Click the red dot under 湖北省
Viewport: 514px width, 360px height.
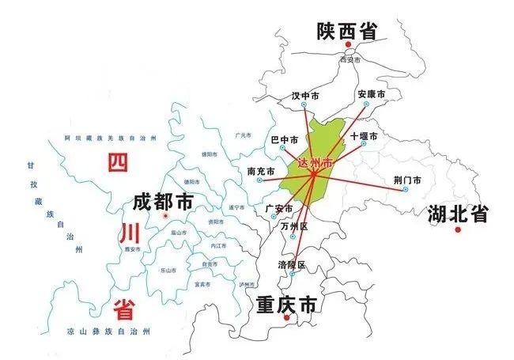tap(458, 229)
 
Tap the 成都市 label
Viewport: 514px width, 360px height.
tap(162, 200)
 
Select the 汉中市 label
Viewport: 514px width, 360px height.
tap(305, 96)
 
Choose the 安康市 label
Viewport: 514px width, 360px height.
tap(371, 94)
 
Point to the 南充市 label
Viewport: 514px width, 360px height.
tap(260, 171)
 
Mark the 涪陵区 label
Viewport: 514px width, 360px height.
tap(291, 263)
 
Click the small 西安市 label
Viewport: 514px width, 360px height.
tap(349, 59)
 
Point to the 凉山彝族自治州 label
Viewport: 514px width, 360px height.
tap(109, 328)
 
